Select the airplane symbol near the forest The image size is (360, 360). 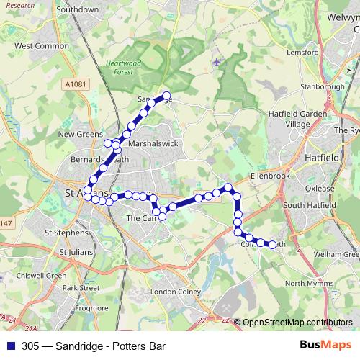point(217,62)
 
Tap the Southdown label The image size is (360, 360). point(77,10)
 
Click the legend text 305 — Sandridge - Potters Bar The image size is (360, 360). point(94,345)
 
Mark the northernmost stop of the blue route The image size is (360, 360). point(166,96)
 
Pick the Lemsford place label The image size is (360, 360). point(302,53)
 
